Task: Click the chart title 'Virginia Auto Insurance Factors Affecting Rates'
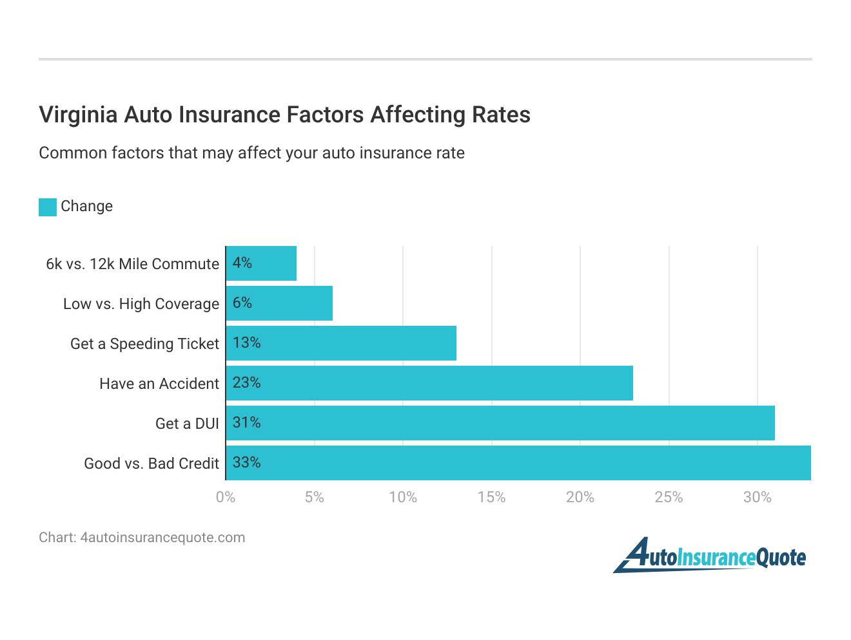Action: pos(284,115)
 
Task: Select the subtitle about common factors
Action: pos(251,153)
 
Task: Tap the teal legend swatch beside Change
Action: pos(48,207)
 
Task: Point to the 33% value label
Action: pos(246,463)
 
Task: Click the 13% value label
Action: pos(246,343)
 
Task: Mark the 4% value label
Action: pos(242,263)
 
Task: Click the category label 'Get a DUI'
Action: pos(187,424)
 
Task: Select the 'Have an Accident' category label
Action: pos(159,384)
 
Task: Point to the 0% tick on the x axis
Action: pos(226,497)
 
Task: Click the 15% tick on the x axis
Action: pos(491,497)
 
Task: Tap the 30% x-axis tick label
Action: pos(758,497)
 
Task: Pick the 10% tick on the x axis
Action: pos(403,497)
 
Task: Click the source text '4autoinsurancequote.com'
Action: pos(162,538)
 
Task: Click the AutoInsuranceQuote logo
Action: pos(709,556)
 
